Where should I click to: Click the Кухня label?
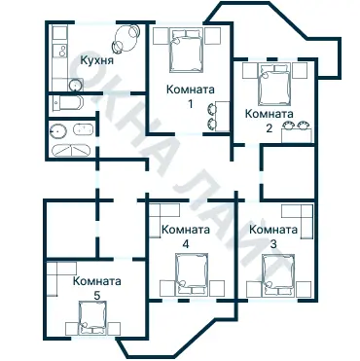click(99, 61)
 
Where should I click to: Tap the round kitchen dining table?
click(125, 41)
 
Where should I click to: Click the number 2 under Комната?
click(269, 127)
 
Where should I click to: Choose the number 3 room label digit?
click(272, 243)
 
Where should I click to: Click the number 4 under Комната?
click(186, 244)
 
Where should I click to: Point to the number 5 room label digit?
click(96, 295)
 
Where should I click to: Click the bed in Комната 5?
click(93, 315)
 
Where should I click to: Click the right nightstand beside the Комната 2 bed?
click(302, 72)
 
